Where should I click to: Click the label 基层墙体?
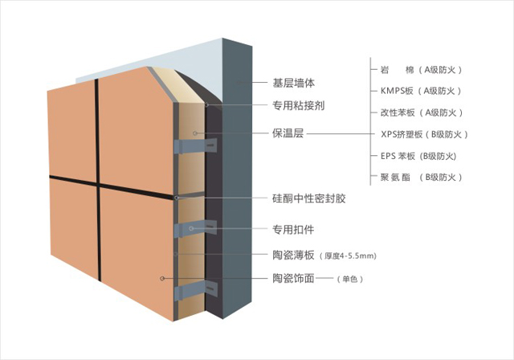(293, 83)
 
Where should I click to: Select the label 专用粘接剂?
(299, 105)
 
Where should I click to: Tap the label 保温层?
(288, 133)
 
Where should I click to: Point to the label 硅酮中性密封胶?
(308, 198)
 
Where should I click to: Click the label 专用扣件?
(293, 229)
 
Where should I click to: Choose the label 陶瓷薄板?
(293, 255)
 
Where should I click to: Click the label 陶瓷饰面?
(293, 279)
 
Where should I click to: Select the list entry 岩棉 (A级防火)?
(421, 69)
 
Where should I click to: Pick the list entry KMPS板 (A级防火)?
(421, 91)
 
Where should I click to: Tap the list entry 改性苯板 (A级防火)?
(422, 112)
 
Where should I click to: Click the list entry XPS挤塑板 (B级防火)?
(424, 134)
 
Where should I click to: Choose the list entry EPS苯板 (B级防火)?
(418, 156)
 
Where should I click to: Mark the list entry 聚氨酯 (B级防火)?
(421, 178)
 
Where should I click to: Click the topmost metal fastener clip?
(196, 146)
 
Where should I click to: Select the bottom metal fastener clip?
(196, 291)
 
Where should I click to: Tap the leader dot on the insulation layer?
(195, 133)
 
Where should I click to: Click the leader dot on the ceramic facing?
(162, 278)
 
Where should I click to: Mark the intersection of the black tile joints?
(98, 183)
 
